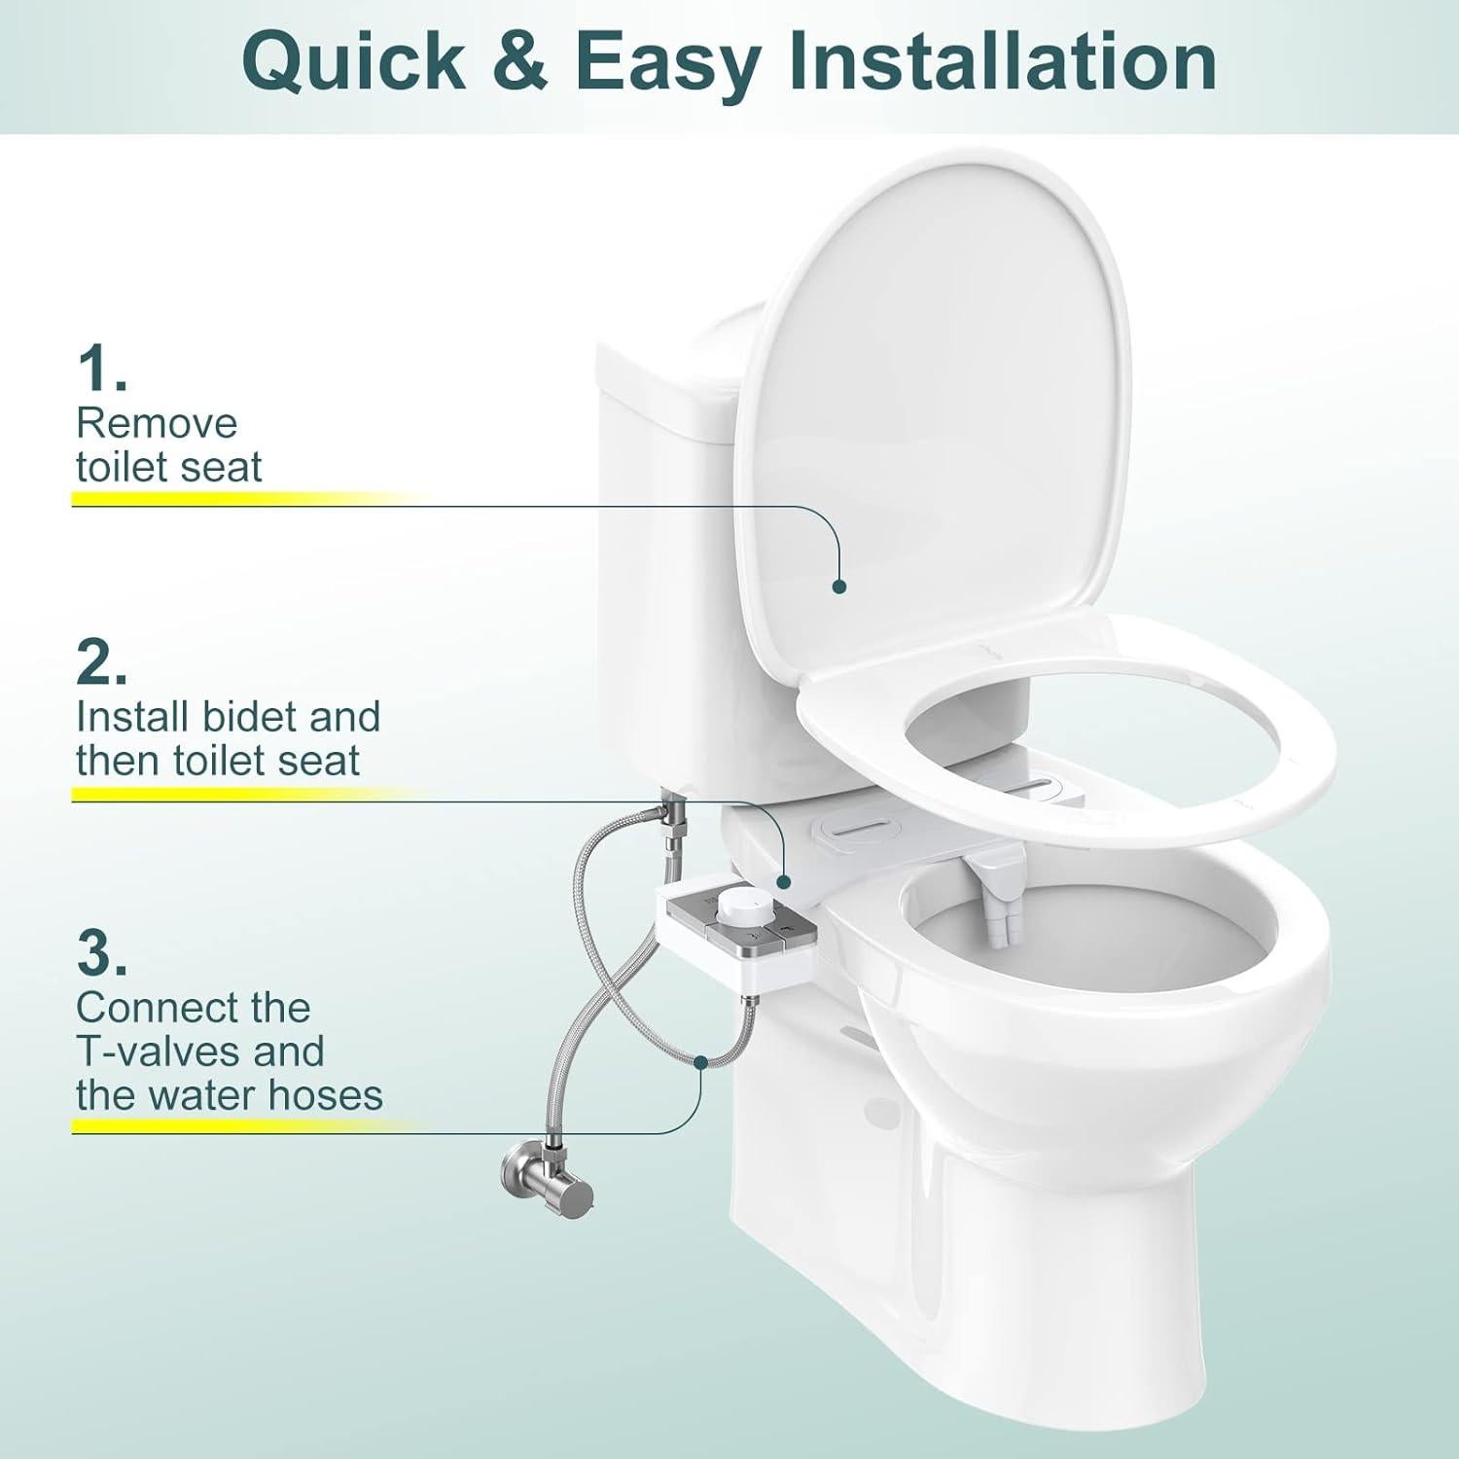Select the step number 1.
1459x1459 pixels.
(x=100, y=370)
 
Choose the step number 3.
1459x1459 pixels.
(x=100, y=954)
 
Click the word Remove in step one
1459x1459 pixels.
(x=157, y=423)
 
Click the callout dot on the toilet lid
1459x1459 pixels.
(x=839, y=586)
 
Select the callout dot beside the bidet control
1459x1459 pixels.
(x=784, y=880)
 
